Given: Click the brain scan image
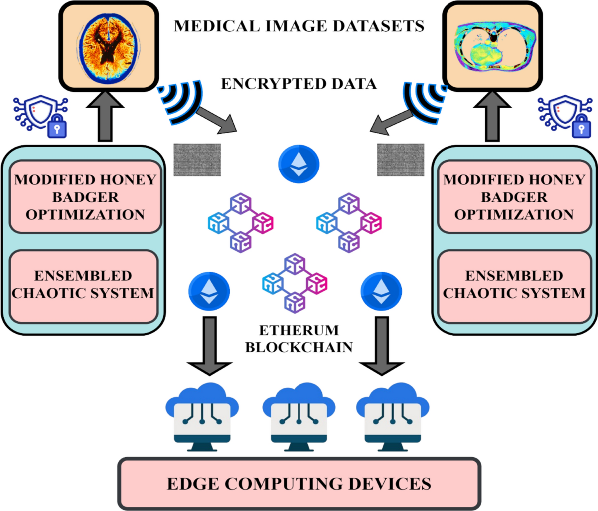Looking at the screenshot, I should (x=109, y=46).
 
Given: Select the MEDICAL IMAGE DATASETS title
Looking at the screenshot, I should (x=299, y=26).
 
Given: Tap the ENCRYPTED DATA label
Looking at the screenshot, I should (x=299, y=84).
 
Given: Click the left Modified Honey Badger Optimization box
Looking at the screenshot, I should (x=85, y=197).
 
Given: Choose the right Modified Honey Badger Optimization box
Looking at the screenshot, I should (x=514, y=197).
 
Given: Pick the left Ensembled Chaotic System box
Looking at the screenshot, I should (x=84, y=285).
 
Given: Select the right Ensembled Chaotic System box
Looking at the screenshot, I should (x=514, y=285).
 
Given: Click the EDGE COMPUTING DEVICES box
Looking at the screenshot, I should (x=299, y=483).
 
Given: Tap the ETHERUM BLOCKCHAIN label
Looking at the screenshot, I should (x=299, y=339).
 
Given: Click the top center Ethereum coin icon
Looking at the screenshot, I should (x=299, y=164).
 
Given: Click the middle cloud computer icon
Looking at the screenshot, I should (x=299, y=417).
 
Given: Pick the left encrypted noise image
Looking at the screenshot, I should (x=197, y=160).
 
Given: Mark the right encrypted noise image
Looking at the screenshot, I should (x=401, y=160).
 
